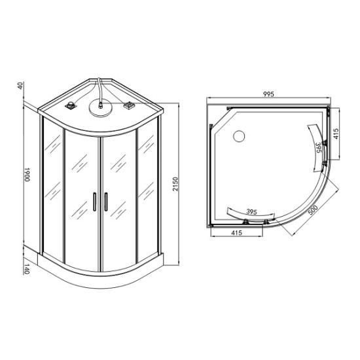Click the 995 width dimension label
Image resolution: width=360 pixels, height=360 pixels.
(268, 94)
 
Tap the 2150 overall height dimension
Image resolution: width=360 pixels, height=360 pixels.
(175, 184)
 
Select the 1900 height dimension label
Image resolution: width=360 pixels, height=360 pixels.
(27, 175)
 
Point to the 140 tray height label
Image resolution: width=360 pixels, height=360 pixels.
(27, 269)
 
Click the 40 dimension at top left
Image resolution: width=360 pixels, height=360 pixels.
(20, 86)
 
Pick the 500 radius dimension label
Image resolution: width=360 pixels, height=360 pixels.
(313, 210)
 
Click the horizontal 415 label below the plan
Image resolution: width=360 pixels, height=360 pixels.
(236, 233)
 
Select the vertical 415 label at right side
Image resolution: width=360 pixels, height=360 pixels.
(336, 134)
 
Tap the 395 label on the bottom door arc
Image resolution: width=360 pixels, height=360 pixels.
(251, 212)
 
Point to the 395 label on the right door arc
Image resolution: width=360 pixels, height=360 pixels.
(319, 148)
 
